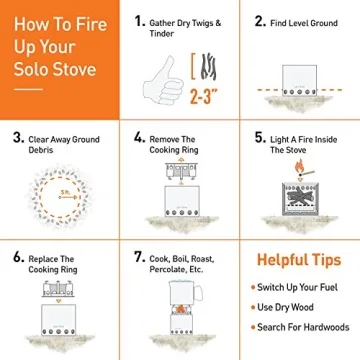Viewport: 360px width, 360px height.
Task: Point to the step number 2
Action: coord(259,20)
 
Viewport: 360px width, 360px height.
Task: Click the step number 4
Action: coord(140,138)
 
